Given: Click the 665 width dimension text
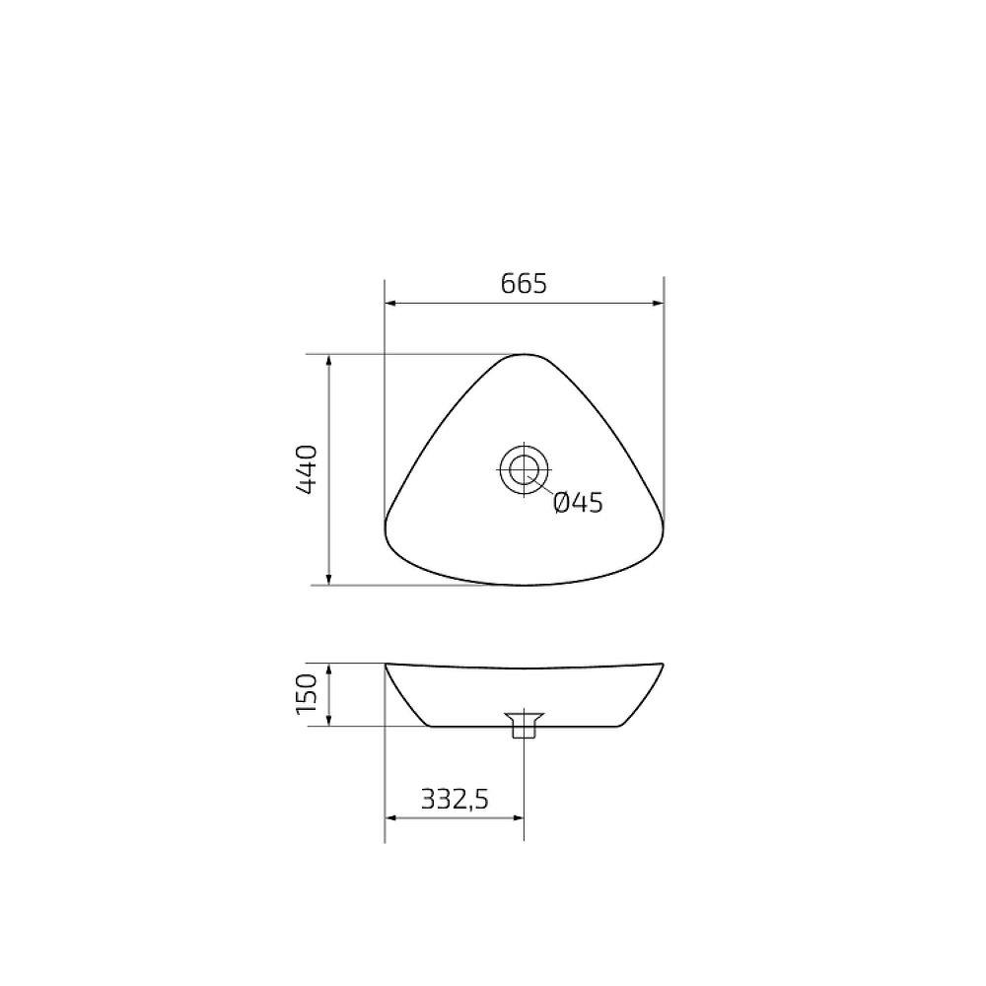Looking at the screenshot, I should coord(524,284).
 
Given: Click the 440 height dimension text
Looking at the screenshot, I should coord(305,469).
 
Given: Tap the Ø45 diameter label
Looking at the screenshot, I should coord(578,503).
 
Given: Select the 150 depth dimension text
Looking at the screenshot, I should coord(305,694).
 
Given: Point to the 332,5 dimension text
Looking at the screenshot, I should coord(455,799).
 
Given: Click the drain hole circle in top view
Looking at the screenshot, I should coord(524,468).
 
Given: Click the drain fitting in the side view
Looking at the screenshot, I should coord(524,726).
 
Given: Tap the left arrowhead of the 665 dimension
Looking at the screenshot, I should coord(389,304).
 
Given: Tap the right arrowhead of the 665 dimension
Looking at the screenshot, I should coord(658,304).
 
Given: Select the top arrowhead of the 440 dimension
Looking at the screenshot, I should coord(328,360).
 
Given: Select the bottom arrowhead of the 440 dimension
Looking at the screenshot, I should coord(328,579).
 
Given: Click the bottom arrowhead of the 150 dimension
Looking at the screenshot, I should coord(328,721).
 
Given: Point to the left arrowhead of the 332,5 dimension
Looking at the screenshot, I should coord(389,817).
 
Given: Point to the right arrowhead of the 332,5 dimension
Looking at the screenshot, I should coord(518,817).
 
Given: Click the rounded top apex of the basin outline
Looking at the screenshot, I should coord(524,354).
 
